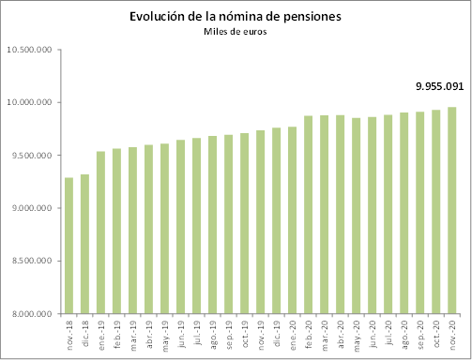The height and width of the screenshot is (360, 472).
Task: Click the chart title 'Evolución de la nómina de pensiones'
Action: (x=235, y=17)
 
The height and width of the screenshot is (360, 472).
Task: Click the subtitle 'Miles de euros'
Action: (x=235, y=33)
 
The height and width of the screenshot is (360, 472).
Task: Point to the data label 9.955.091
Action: (x=440, y=86)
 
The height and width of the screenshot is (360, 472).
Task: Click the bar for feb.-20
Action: (x=308, y=215)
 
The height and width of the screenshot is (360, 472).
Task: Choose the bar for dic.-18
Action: (x=84, y=244)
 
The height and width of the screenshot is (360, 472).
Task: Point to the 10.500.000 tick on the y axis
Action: (x=30, y=50)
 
